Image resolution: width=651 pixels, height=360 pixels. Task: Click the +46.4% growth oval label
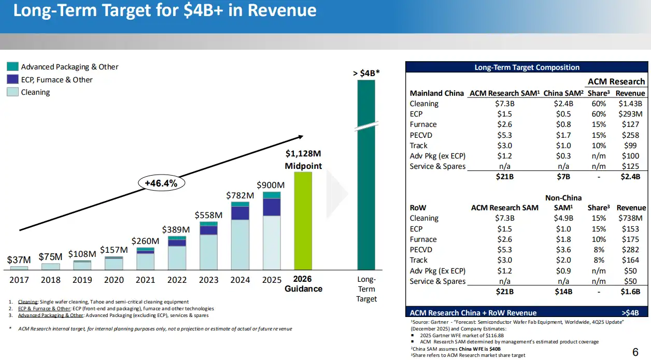click(x=161, y=183)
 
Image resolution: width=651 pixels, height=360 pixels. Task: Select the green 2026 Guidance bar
click(x=303, y=220)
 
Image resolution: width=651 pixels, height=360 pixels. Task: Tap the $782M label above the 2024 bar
click(x=240, y=195)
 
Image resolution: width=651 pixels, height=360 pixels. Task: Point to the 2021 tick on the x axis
click(x=146, y=280)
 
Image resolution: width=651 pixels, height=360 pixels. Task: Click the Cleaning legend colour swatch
click(x=12, y=92)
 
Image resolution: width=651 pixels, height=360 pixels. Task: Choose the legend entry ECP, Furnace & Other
click(x=56, y=80)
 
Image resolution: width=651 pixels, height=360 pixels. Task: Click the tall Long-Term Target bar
click(x=366, y=197)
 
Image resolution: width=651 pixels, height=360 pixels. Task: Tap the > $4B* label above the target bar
click(x=366, y=73)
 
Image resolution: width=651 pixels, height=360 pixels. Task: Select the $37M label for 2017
click(x=19, y=259)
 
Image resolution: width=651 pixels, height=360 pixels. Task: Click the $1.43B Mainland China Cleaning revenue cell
click(x=630, y=104)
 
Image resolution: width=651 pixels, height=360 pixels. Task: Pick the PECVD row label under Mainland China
click(x=421, y=135)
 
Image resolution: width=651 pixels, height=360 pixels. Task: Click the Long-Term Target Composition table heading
click(x=527, y=67)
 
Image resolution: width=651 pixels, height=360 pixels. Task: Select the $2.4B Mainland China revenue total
click(x=630, y=176)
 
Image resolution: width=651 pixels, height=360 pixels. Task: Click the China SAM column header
click(x=563, y=93)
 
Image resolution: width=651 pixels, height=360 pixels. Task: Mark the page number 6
click(x=635, y=352)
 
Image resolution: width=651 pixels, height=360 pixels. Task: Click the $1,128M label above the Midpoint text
click(x=303, y=153)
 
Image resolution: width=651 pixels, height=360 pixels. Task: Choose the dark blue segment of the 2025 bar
click(x=272, y=207)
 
